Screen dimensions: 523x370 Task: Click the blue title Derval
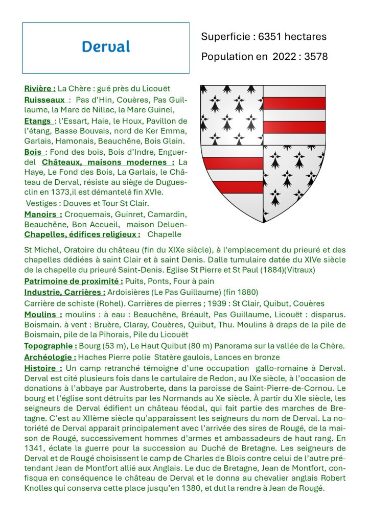coord(106,47)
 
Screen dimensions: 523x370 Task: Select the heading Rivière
coord(40,89)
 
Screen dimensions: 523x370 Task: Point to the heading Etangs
coord(38,121)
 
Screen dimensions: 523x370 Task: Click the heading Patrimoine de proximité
coord(74,281)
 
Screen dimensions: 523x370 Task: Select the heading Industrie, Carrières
coord(65,292)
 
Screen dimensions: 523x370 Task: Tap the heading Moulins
coord(43,314)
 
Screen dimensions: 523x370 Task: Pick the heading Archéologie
coord(50,357)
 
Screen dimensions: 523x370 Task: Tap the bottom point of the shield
coord(263,222)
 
